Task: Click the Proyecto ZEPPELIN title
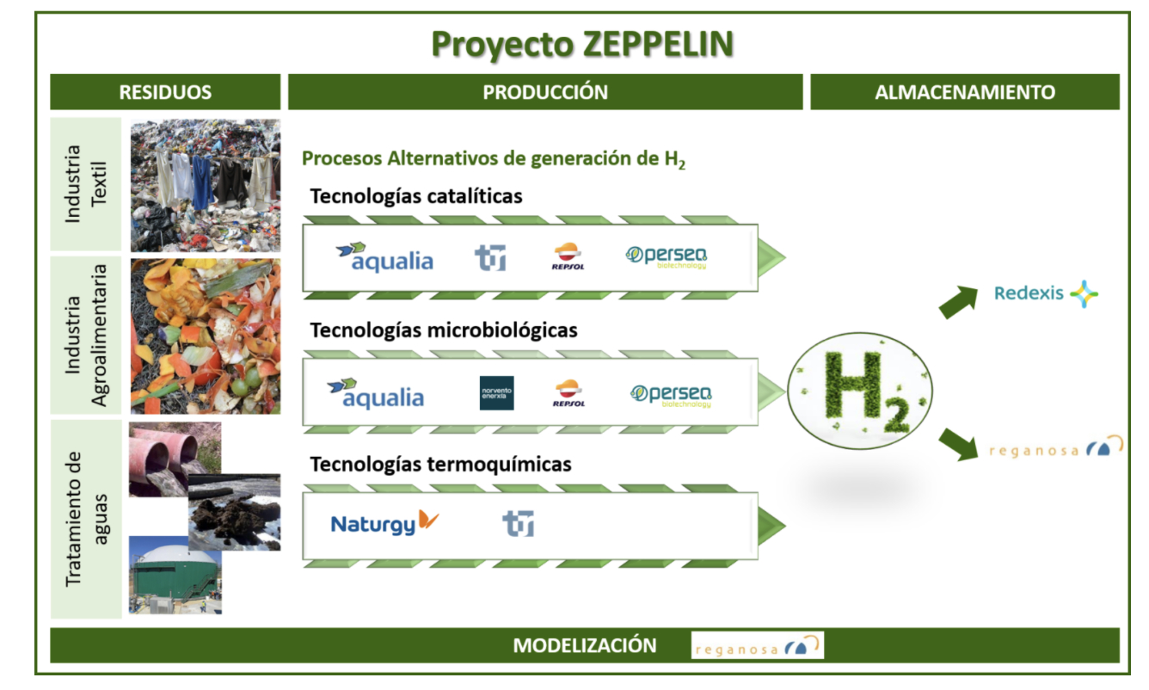(582, 45)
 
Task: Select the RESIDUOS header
(165, 92)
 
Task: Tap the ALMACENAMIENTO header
(965, 92)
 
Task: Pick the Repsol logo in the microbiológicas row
(568, 393)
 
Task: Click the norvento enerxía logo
(496, 393)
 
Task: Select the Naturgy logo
(384, 523)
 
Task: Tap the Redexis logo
(1046, 293)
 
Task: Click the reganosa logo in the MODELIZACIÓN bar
(758, 645)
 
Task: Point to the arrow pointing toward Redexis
(958, 302)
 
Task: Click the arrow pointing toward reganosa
(958, 444)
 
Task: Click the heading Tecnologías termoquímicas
(440, 465)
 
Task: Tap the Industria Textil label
(86, 183)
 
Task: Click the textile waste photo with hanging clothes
(206, 185)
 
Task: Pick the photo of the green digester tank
(175, 575)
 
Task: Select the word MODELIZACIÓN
(585, 645)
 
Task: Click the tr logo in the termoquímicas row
(518, 523)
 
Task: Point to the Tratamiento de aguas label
(86, 519)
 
